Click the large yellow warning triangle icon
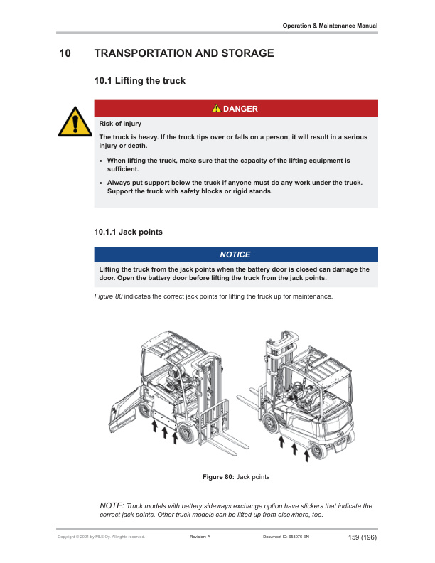coord(75,122)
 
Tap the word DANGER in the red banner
coord(240,109)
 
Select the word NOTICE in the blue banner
coord(235,254)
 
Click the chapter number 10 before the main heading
coord(65,53)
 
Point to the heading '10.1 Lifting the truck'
coord(139,81)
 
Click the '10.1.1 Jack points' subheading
coord(128,232)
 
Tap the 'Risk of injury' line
coord(120,124)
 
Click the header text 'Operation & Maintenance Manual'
coord(330,26)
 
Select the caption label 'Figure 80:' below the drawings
coord(218,477)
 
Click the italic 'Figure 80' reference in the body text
coord(108,296)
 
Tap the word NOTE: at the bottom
coord(112,505)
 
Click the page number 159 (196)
coord(362,537)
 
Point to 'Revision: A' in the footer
coord(200,537)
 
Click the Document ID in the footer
coord(286,537)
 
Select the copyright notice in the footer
coord(101,537)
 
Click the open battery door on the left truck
coord(124,409)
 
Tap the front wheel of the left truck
coord(188,433)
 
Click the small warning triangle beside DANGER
coord(216,109)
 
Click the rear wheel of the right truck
coord(317,451)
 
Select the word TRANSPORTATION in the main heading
coord(144,53)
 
